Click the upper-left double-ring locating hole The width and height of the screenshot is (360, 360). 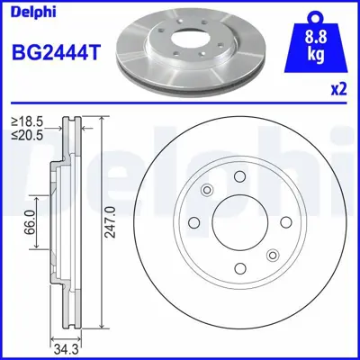(207, 189)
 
